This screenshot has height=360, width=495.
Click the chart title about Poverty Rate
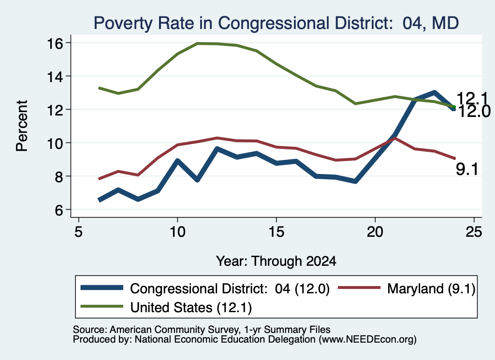click(x=276, y=23)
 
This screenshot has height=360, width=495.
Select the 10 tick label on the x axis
click(x=177, y=232)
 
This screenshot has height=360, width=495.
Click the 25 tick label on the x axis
click(x=474, y=232)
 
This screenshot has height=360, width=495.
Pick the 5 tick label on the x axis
click(x=79, y=232)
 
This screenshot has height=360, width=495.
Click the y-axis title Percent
click(x=22, y=126)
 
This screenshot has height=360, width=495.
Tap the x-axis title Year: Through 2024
click(x=276, y=261)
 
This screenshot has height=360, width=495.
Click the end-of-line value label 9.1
click(x=467, y=170)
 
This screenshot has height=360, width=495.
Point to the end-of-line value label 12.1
click(x=472, y=98)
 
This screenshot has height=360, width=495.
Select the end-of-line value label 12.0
click(x=474, y=111)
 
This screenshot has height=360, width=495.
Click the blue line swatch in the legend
click(x=102, y=288)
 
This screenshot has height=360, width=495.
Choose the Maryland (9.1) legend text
click(x=431, y=288)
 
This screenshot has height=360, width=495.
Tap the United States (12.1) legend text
click(x=191, y=308)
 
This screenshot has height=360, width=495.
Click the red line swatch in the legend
click(x=359, y=288)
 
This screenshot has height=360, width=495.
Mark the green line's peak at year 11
click(x=197, y=43)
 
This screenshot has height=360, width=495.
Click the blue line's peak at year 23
click(x=435, y=93)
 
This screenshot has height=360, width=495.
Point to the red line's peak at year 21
click(x=395, y=138)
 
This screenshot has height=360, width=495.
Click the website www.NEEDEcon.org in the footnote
click(x=367, y=340)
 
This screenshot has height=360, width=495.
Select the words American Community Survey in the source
click(x=174, y=330)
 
